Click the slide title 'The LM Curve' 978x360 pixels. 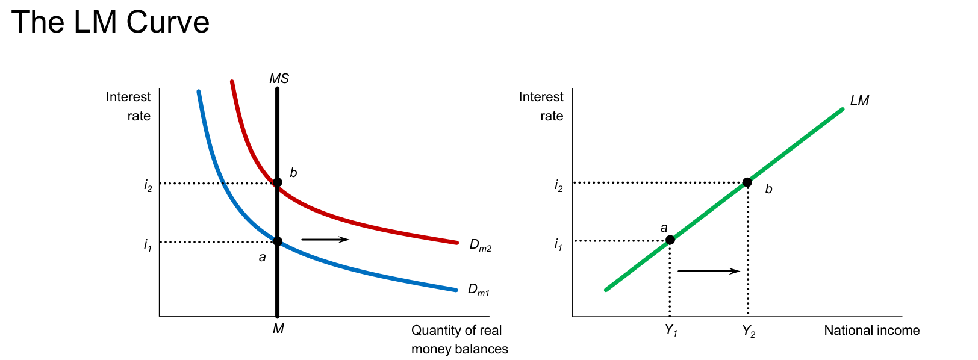pos(110,22)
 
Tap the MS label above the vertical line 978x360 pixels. pos(279,79)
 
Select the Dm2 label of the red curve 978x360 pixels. pos(480,246)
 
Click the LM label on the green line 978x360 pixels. pos(859,101)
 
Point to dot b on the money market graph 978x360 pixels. pos(277,182)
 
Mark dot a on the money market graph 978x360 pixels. pos(277,241)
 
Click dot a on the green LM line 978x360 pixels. pos(670,240)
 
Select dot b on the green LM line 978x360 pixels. pos(747,182)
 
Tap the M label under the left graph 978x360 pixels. pos(278,329)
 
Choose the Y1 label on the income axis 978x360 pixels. pos(671,331)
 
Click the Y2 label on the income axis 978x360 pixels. pos(749,331)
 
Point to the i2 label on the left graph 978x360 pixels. pos(148,185)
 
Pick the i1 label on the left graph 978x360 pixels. pos(148,245)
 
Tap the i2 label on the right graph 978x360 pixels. pos(558,185)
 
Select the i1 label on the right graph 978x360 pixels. pos(558,244)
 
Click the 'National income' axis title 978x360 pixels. pos(871,330)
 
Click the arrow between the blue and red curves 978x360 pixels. pos(325,240)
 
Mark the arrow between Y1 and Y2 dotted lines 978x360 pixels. pos(709,272)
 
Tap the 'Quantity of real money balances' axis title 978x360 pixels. pos(459,340)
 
